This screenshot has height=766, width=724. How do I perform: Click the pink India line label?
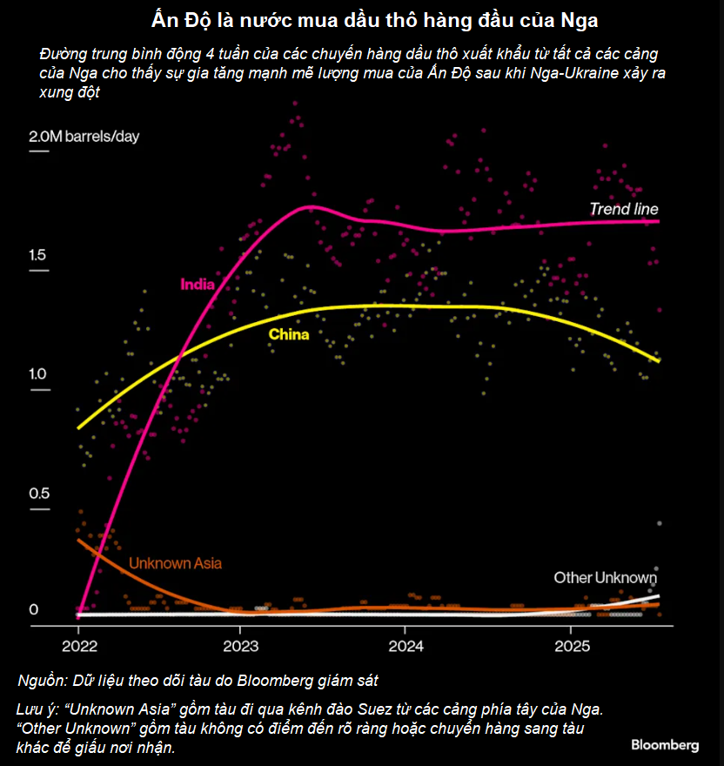[x=197, y=284]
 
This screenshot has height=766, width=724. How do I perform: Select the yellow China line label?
[x=288, y=334]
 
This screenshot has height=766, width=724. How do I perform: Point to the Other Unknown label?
[x=606, y=578]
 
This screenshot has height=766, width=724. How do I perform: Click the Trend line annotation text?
[x=624, y=209]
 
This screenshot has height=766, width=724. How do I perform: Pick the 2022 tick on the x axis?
[x=77, y=647]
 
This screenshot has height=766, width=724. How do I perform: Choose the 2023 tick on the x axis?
[x=240, y=647]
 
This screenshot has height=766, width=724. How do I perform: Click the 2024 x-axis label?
[x=405, y=647]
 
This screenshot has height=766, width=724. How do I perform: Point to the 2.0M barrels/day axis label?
[x=84, y=137]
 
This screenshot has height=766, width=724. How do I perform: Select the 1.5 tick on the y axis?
[x=38, y=256]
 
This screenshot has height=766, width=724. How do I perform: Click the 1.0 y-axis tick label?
[x=38, y=374]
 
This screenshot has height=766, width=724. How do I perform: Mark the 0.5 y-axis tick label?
[x=38, y=494]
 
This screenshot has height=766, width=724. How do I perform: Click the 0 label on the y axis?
[x=34, y=609]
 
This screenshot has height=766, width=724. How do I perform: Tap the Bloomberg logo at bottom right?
[x=665, y=745]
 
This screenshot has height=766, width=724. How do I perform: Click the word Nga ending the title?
[x=582, y=18]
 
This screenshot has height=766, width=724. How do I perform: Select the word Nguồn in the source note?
[x=40, y=679]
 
